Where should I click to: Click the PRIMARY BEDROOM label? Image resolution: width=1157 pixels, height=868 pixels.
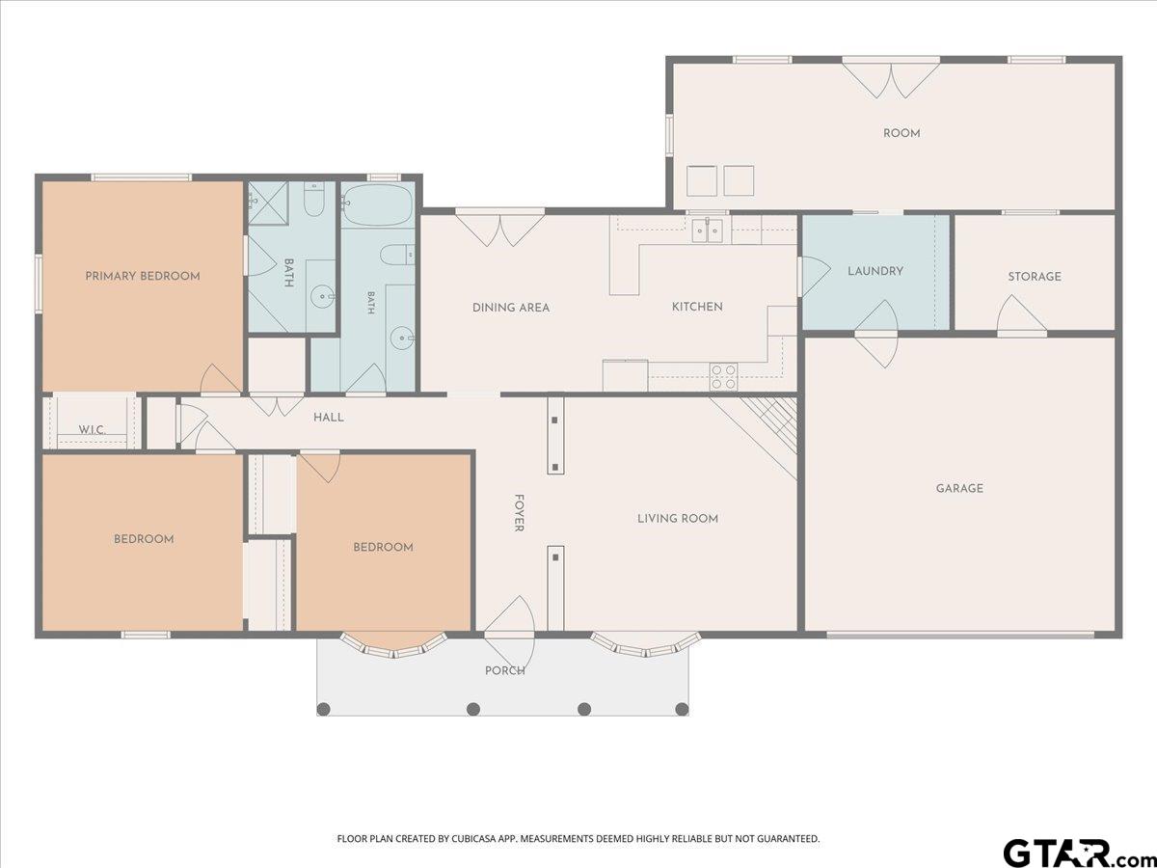(x=143, y=276)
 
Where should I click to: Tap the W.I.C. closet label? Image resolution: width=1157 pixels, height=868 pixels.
(x=93, y=429)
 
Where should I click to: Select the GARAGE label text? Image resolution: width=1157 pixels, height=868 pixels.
(x=959, y=489)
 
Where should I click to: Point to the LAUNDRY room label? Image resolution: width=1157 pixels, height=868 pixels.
(x=875, y=271)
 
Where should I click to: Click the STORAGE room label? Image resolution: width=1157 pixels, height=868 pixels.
(x=1035, y=276)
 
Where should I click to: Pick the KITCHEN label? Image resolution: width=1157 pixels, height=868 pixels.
(x=697, y=306)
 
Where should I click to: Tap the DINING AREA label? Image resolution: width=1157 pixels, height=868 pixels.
(x=511, y=308)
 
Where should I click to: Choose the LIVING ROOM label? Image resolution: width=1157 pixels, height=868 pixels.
(x=678, y=519)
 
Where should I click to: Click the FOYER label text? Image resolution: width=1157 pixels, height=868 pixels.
(x=519, y=513)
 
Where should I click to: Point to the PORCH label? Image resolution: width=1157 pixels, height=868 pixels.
(x=505, y=670)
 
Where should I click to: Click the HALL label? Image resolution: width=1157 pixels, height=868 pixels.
(x=329, y=418)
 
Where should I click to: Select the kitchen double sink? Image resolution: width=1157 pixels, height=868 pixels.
(x=708, y=231)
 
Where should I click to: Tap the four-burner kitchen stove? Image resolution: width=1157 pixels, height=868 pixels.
(x=723, y=377)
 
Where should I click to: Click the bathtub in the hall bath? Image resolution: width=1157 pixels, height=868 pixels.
(x=377, y=204)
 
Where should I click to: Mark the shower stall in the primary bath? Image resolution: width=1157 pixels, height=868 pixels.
(x=268, y=203)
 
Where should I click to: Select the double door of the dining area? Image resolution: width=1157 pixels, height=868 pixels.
(x=499, y=229)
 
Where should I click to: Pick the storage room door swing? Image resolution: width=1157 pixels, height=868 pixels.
(x=1020, y=314)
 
